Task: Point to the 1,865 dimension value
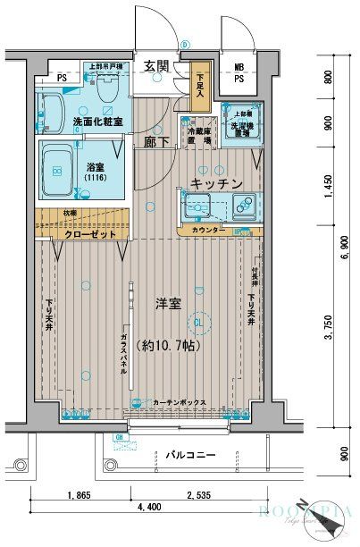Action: tap(82, 493)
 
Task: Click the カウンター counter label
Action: tap(208, 230)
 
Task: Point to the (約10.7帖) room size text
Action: tap(170, 344)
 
